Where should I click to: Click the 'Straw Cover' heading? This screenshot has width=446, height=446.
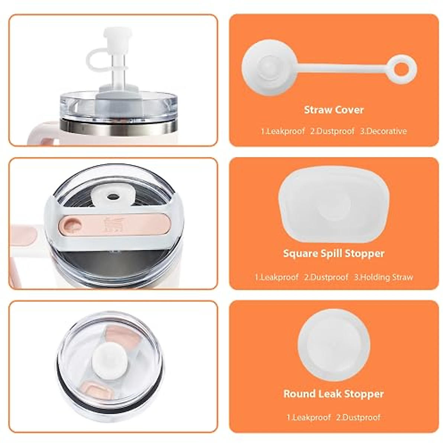click(x=334, y=110)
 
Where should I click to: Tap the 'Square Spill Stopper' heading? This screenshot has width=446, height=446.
click(x=334, y=253)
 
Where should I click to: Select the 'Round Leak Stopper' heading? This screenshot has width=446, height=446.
click(x=334, y=394)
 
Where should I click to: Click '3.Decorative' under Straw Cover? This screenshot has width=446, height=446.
click(x=383, y=131)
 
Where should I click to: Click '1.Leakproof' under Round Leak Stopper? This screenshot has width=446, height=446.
click(x=308, y=417)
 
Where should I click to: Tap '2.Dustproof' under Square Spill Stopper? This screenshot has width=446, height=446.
click(x=326, y=277)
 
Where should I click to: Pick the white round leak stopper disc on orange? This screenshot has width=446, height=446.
click(x=334, y=345)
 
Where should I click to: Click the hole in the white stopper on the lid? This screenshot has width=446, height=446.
click(x=111, y=195)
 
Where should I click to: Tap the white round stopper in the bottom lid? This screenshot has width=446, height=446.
click(x=110, y=361)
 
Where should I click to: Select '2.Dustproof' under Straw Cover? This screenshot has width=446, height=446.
click(x=332, y=131)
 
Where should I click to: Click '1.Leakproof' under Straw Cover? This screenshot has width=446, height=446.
click(x=282, y=131)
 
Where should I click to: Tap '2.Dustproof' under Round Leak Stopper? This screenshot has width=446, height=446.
click(x=358, y=417)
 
